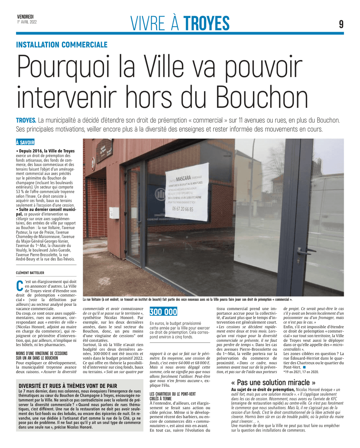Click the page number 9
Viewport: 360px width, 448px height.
tap(341, 24)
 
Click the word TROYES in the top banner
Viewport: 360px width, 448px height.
tap(206, 23)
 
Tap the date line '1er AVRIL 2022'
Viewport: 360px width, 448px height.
tap(27, 22)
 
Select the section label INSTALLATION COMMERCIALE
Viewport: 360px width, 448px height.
tap(62, 45)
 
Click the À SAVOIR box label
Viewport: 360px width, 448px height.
tap(25, 142)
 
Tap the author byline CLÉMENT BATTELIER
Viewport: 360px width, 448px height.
tap(30, 273)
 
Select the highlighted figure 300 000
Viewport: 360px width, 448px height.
tap(163, 312)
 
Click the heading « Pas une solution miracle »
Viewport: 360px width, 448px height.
tap(273, 383)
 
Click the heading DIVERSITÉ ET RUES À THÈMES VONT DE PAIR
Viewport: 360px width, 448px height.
tap(68, 386)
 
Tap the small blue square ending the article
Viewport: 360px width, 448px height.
tap(304, 367)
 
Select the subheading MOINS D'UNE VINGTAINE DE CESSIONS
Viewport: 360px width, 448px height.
tap(42, 356)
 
